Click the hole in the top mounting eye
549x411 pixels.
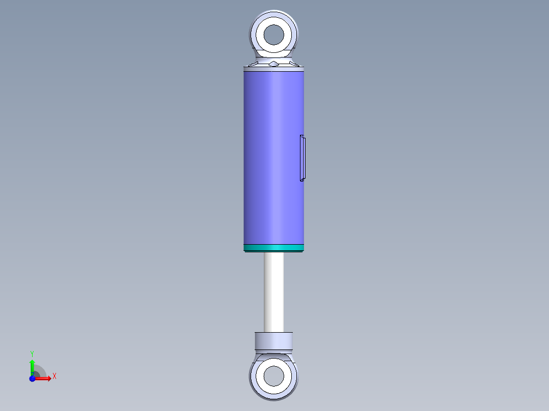[x=274, y=34]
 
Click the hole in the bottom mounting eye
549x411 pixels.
[x=273, y=376]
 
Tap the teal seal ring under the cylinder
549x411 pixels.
[x=274, y=248]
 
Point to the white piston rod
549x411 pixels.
[x=274, y=292]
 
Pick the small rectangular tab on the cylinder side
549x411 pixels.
[x=303, y=158]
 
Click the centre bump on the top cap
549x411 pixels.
[x=274, y=64]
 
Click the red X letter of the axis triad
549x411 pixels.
[x=54, y=376]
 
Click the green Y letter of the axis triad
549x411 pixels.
[x=32, y=353]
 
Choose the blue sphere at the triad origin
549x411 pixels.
[x=32, y=378]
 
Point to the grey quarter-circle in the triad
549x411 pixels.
[x=40, y=372]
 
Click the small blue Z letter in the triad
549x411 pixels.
[x=33, y=374]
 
